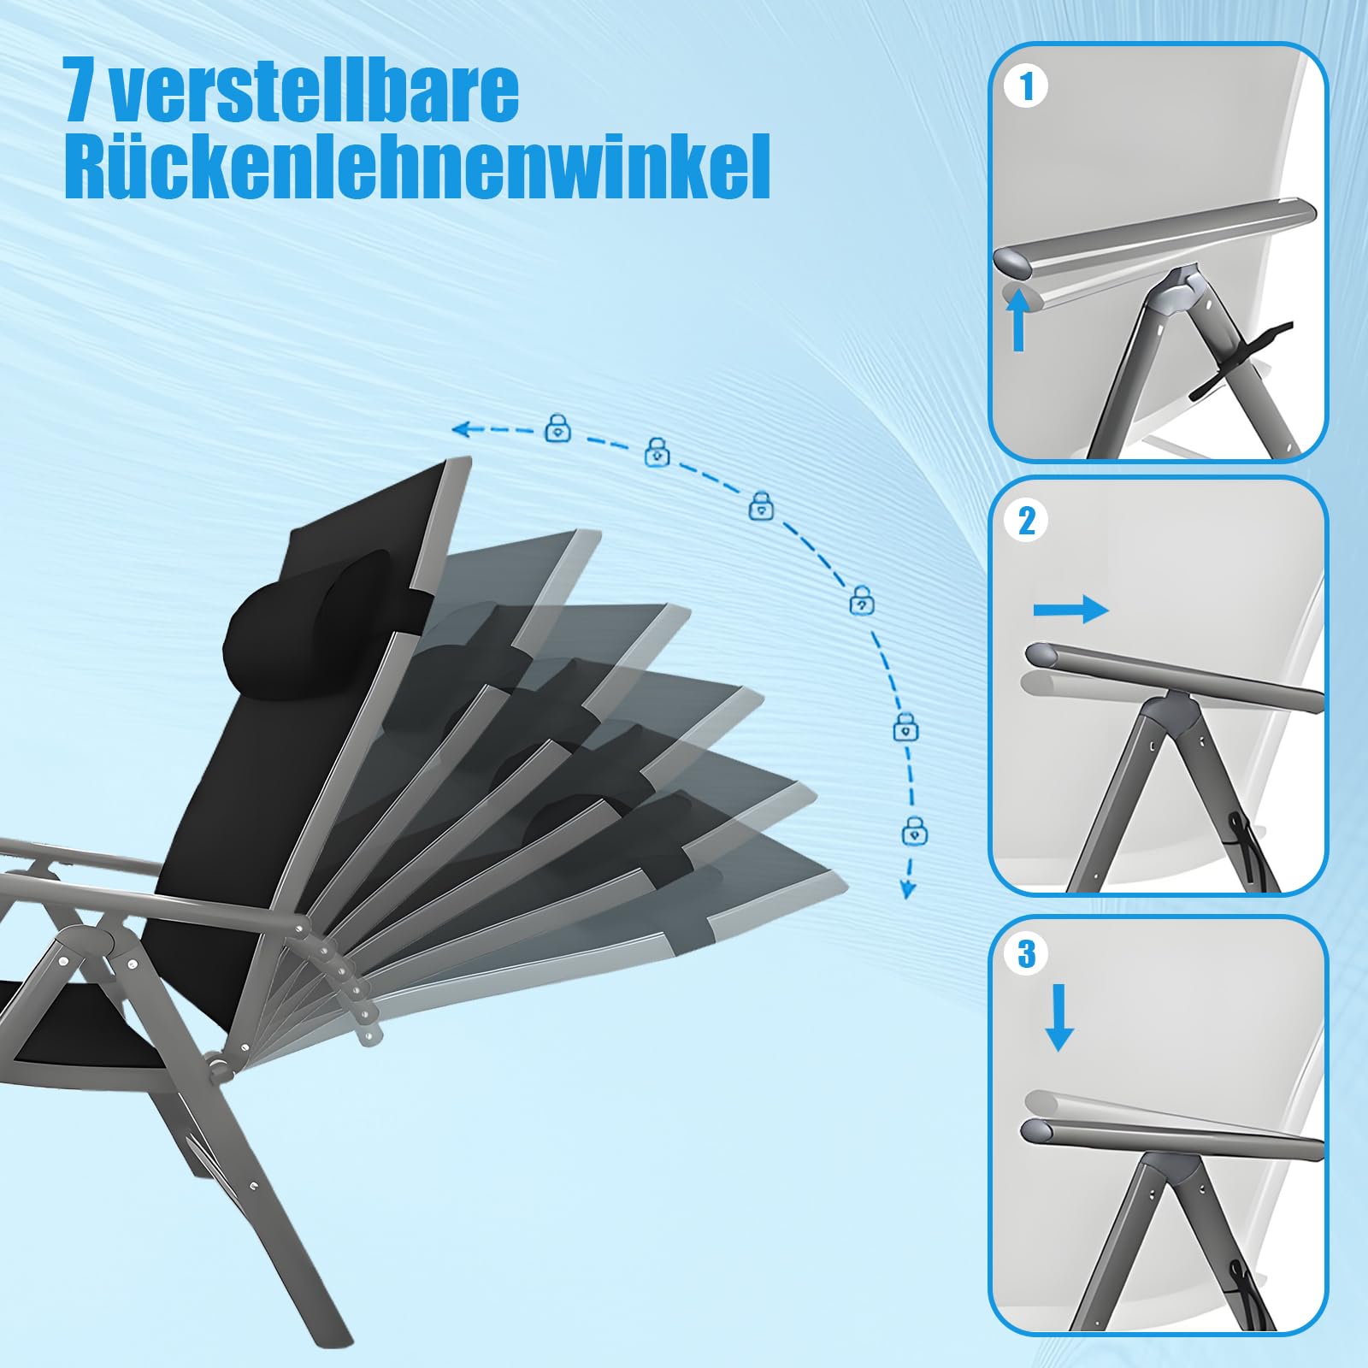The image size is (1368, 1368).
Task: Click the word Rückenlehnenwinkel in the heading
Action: point(417,166)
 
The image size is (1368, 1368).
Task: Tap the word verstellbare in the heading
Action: point(315,89)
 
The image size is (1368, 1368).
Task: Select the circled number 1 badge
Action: point(1027,87)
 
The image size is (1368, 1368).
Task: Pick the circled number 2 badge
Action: point(1027,520)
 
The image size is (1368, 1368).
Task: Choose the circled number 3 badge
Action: point(1027,954)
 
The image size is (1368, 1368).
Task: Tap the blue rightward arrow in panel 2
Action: point(1071,610)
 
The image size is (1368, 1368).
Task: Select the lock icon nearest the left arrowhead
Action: point(558,427)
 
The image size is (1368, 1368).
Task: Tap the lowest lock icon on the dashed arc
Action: point(915,831)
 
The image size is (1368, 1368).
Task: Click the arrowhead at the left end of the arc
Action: point(462,428)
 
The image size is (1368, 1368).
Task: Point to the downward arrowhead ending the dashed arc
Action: point(908,890)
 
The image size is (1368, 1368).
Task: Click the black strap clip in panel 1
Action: point(1241,359)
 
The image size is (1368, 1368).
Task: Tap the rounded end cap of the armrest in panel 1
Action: point(1014,262)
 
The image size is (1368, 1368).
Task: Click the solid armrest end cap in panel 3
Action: point(1036,1131)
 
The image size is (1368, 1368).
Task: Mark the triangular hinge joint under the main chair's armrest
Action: point(85,949)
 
